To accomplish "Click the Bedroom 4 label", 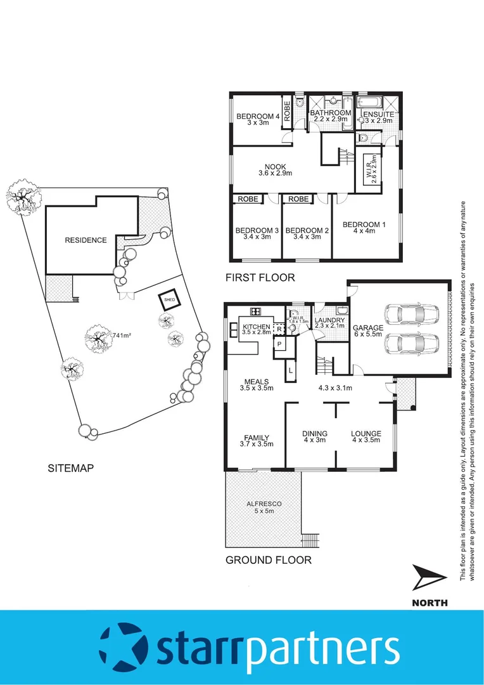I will (258, 117).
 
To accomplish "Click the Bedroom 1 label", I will (364, 225).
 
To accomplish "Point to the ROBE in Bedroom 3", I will (248, 199).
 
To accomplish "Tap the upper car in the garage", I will (411, 314).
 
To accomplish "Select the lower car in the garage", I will (411, 344).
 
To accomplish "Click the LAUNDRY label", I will (329, 321).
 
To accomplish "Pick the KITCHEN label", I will (257, 327).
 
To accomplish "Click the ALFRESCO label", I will (264, 504).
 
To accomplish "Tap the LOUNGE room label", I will (366, 434).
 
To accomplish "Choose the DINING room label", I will (314, 434).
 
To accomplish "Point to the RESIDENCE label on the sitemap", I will (86, 240).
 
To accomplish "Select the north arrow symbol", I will (429, 579).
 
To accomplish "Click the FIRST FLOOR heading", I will (260, 278).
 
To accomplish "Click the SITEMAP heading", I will (71, 469).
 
